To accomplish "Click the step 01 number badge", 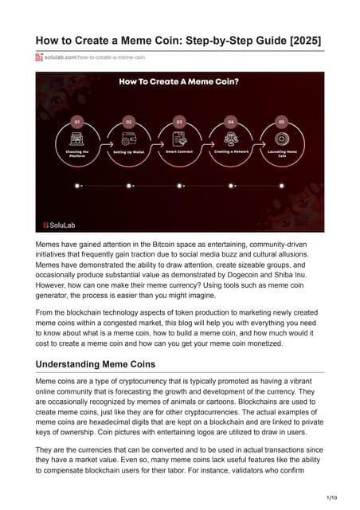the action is click(77, 122).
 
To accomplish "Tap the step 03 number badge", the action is click(179, 122).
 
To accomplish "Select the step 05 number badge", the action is click(281, 122).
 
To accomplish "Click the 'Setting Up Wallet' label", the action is click(128, 151).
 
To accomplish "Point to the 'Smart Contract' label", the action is click(179, 150).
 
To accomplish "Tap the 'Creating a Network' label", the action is click(230, 150).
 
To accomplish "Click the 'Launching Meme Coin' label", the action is click(281, 152).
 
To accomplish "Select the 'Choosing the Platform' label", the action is click(77, 152).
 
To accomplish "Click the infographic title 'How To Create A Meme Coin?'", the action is click(179, 81).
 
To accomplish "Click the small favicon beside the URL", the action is click(39, 57).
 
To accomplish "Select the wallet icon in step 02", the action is click(128, 136).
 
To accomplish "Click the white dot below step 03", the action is click(179, 185).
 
